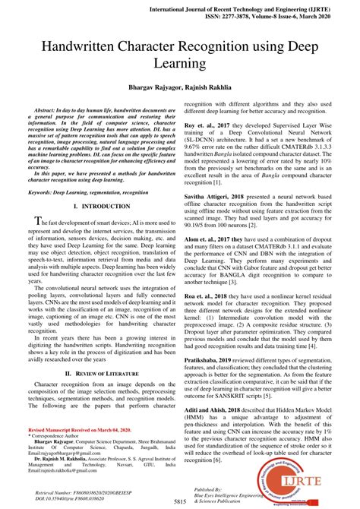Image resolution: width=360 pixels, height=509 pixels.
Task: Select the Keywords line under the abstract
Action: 84,193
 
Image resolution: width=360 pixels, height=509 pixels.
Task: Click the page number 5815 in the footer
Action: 180,502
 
